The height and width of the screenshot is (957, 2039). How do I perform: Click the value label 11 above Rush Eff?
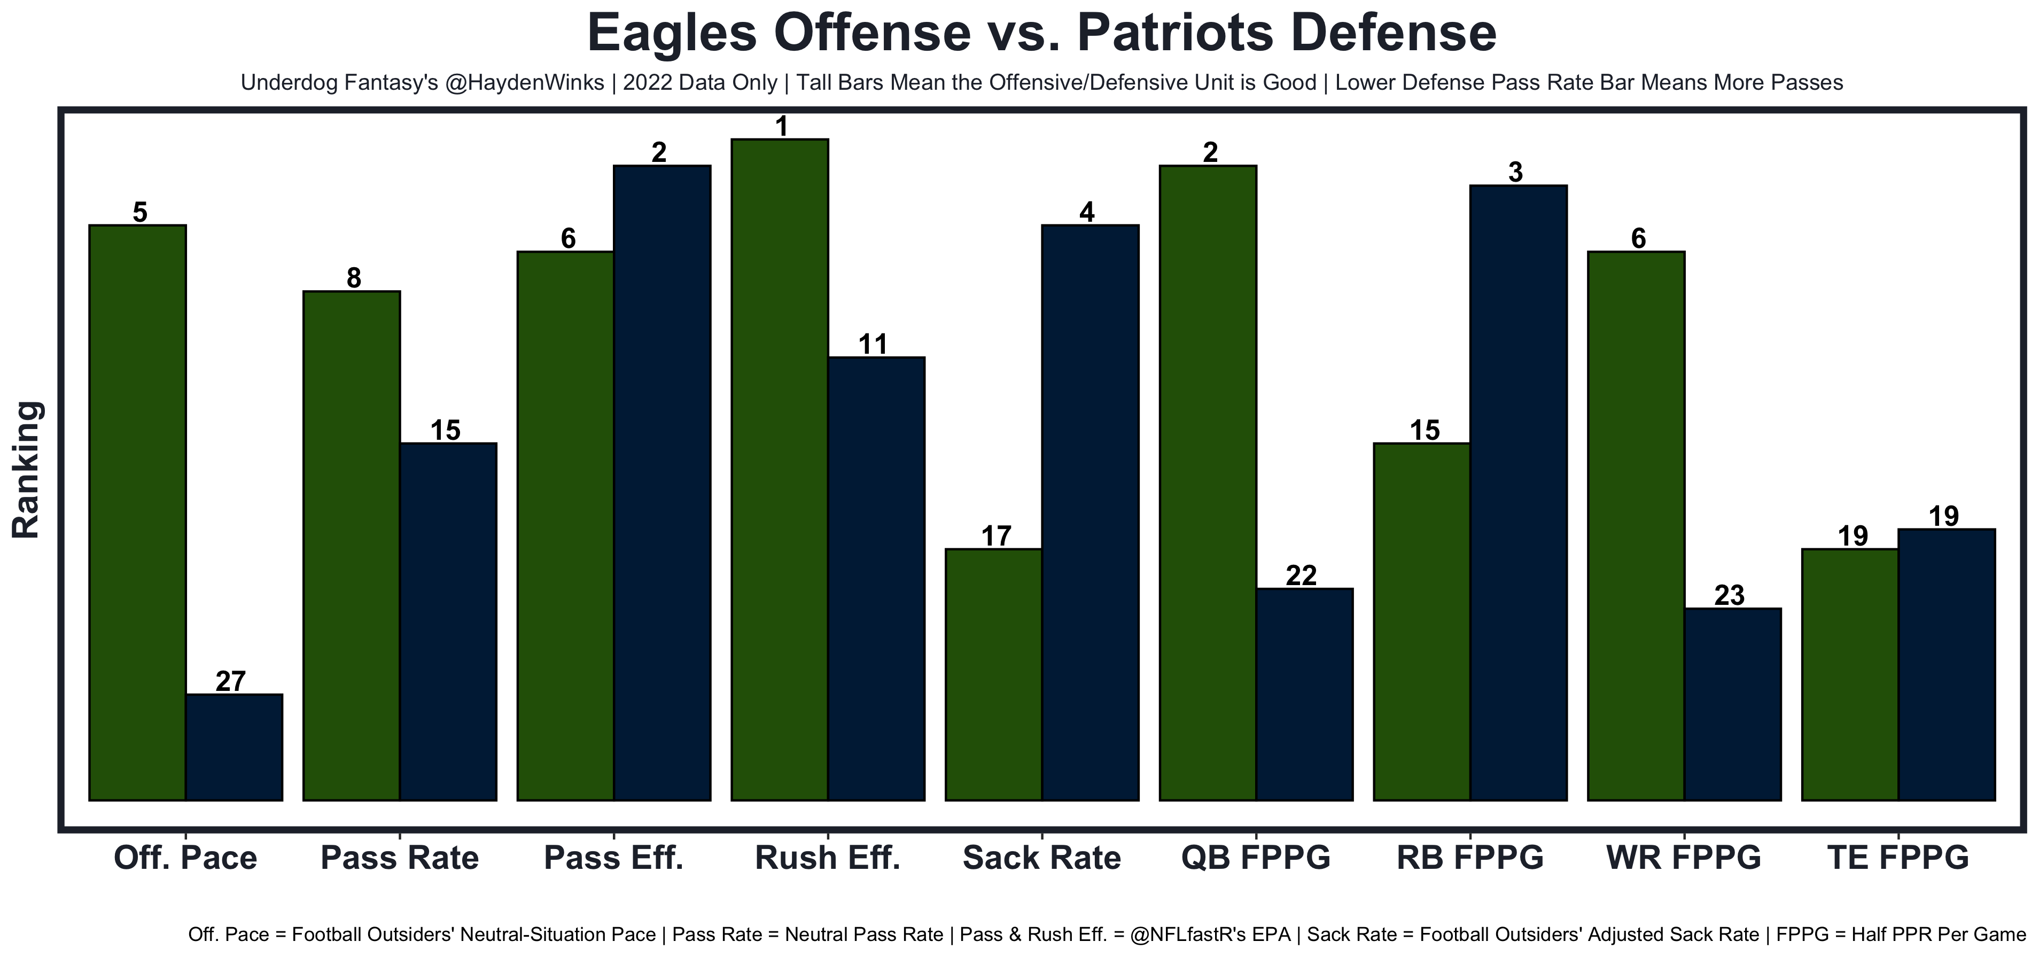click(x=873, y=344)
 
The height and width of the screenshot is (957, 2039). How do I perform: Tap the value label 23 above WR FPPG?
click(x=1730, y=595)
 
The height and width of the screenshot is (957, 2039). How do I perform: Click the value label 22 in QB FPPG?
click(x=1301, y=575)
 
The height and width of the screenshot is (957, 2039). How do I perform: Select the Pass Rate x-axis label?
click(x=400, y=858)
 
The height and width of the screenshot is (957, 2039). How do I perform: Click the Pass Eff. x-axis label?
click(x=613, y=858)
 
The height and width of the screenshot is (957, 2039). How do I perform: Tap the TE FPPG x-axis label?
click(x=1898, y=858)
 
